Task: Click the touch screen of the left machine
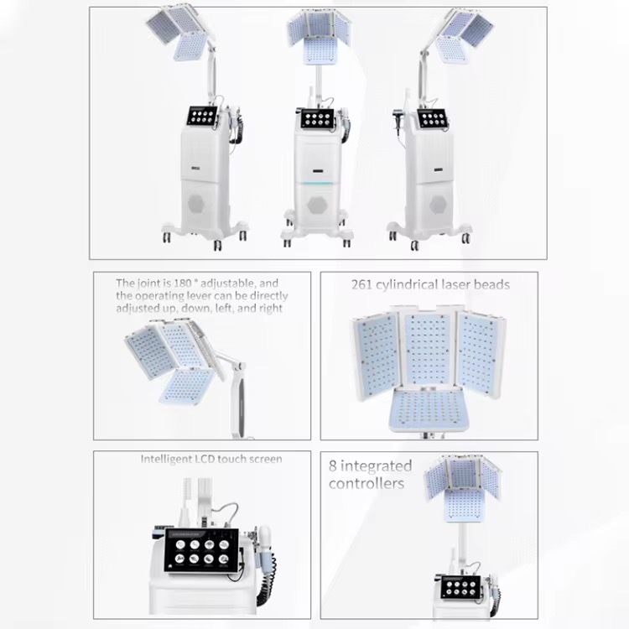click(x=202, y=116)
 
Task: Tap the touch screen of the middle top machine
click(x=317, y=119)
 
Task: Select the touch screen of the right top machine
click(x=433, y=117)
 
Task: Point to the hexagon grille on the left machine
click(x=199, y=204)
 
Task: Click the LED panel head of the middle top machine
click(x=318, y=34)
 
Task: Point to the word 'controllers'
click(x=366, y=484)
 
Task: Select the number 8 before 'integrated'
click(x=333, y=466)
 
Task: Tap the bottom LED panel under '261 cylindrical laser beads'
click(x=429, y=409)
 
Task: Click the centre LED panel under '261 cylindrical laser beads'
click(x=429, y=347)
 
